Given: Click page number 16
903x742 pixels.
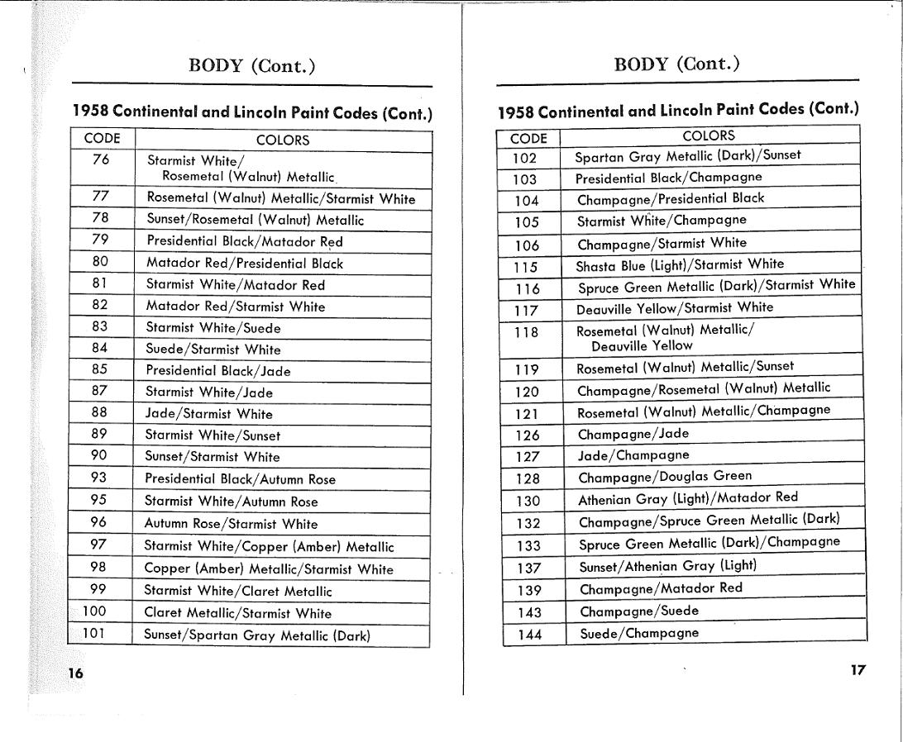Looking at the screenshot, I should [x=75, y=673].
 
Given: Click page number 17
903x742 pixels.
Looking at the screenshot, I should [x=858, y=670].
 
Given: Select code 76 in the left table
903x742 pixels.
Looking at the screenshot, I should [x=101, y=159].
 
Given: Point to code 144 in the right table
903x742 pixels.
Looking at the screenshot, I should [x=529, y=635].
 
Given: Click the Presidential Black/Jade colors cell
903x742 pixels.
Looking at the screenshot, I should [x=218, y=371].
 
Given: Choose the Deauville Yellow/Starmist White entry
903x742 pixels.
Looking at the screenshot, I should [x=675, y=308].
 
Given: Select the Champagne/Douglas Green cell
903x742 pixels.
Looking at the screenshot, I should [x=665, y=477].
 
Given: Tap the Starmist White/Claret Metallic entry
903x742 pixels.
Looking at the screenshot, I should [x=238, y=591].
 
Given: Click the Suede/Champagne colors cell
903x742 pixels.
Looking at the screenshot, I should [x=639, y=634].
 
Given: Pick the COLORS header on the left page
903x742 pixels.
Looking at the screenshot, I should [x=283, y=140].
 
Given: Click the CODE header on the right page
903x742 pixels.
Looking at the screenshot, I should [x=528, y=138].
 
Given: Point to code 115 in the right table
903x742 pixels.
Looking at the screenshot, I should [x=524, y=267].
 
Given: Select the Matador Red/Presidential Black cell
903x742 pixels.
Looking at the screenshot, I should [x=245, y=264].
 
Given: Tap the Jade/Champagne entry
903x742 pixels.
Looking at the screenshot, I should [x=633, y=455].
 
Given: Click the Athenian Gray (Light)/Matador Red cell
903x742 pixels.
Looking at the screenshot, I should [x=688, y=498].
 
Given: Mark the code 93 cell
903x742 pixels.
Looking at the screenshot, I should [x=99, y=478].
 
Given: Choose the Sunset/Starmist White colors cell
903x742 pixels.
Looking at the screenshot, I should [x=213, y=457].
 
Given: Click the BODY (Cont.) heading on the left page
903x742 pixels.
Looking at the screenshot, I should [x=252, y=66].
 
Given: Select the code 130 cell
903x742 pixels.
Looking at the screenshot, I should [x=527, y=501].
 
